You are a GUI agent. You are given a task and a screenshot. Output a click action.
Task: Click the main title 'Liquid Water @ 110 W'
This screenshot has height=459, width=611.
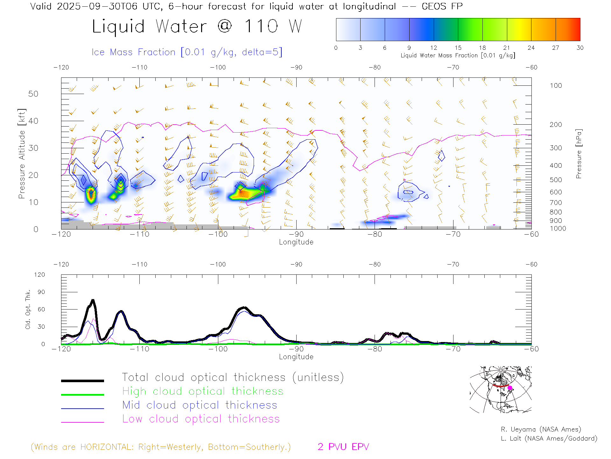[x=197, y=26]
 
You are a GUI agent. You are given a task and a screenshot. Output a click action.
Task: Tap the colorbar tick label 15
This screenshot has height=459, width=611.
[x=458, y=48]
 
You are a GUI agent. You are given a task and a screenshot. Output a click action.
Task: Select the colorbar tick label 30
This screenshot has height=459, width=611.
[x=580, y=48]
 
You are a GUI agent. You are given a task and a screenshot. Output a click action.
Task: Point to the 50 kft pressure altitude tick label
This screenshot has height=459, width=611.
[x=33, y=94]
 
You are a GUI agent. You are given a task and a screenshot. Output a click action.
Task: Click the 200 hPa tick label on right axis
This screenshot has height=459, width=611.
[x=556, y=125]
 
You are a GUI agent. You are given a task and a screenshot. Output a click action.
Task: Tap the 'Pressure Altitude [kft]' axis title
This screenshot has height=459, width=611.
[x=22, y=154]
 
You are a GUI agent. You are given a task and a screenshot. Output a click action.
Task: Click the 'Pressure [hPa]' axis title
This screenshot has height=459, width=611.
[x=579, y=154]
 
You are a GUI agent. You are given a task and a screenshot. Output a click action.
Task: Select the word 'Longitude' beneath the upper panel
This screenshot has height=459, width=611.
[x=296, y=242]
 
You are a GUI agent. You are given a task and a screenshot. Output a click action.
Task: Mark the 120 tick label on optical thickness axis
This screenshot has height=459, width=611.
[x=39, y=275]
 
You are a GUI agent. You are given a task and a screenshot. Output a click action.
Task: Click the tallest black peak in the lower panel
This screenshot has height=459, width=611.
[x=93, y=300]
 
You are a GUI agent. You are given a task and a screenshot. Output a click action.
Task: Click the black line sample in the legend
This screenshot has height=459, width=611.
[x=82, y=381]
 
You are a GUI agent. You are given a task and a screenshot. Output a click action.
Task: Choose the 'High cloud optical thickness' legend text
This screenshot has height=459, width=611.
[x=203, y=391]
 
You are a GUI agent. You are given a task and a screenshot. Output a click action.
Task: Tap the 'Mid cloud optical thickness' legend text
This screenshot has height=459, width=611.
[x=200, y=405]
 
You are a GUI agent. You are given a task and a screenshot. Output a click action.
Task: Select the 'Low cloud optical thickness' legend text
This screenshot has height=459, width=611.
[x=201, y=419]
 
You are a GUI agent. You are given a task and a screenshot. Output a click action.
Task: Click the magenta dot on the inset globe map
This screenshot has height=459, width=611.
[x=510, y=388]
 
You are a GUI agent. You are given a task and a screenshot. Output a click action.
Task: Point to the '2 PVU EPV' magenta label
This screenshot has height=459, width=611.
[x=343, y=447]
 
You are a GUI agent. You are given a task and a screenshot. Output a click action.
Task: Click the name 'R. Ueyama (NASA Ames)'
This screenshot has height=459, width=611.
[x=541, y=429]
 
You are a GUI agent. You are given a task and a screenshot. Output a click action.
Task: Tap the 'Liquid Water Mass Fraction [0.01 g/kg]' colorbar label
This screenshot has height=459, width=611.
[x=458, y=55]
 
